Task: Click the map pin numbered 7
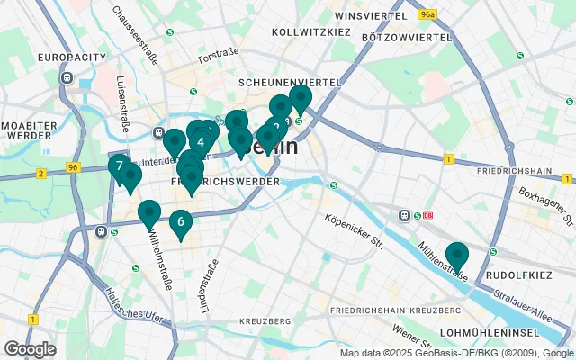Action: [119, 166]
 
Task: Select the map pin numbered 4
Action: [201, 141]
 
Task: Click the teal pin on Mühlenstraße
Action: [457, 256]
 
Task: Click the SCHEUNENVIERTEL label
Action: [289, 82]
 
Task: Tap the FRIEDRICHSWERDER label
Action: [225, 182]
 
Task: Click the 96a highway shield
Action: [428, 14]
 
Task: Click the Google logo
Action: [30, 348]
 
